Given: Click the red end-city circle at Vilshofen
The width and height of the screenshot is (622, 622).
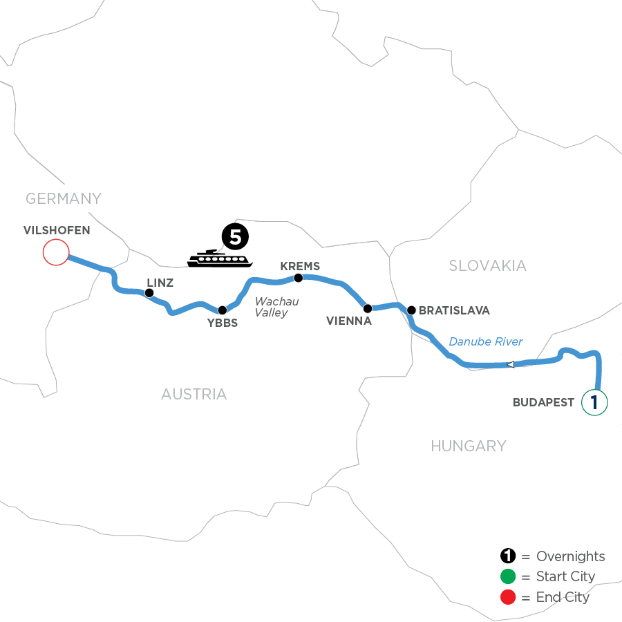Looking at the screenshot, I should click(x=55, y=252).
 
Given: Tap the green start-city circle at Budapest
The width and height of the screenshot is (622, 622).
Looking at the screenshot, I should click(x=594, y=402).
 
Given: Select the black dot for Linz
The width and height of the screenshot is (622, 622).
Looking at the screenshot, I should click(x=149, y=293).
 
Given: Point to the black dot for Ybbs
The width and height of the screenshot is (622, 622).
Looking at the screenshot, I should click(x=223, y=310).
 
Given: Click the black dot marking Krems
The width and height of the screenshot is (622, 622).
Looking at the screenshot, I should click(x=299, y=278).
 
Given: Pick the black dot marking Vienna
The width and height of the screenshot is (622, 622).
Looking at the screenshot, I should click(x=368, y=308).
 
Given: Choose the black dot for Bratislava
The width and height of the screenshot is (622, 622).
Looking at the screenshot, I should click(x=411, y=310).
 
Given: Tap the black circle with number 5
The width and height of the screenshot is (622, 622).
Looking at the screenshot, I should click(x=234, y=238).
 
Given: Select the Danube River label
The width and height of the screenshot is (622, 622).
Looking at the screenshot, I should click(x=486, y=341).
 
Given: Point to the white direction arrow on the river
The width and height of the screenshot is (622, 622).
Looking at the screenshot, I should click(x=510, y=364).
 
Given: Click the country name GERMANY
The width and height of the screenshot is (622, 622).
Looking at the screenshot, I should click(x=63, y=199).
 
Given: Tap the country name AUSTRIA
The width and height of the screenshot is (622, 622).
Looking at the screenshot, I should click(x=194, y=395).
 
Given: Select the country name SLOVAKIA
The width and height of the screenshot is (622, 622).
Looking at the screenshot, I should click(x=487, y=265).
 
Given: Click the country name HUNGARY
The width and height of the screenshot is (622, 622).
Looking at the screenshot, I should click(x=468, y=446).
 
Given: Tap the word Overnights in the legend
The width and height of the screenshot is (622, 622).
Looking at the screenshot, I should click(x=570, y=556).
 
